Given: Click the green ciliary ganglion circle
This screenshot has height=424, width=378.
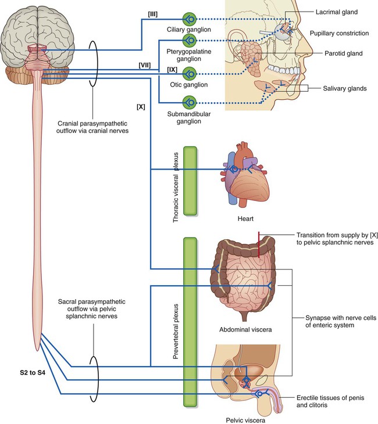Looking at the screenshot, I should click(190, 18).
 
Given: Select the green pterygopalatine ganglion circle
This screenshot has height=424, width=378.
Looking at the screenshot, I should click(190, 41).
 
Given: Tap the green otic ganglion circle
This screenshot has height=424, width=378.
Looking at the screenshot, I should click(190, 73).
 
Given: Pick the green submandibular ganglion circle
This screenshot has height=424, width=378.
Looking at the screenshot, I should click(190, 102).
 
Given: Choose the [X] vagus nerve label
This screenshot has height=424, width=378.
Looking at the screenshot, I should click(141, 107).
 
